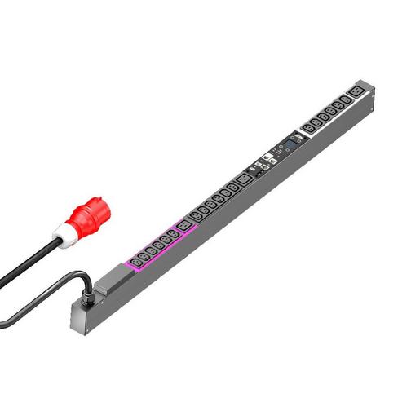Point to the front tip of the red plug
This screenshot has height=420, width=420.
coord(104,201)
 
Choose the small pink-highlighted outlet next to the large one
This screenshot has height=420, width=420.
coord(173,237)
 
